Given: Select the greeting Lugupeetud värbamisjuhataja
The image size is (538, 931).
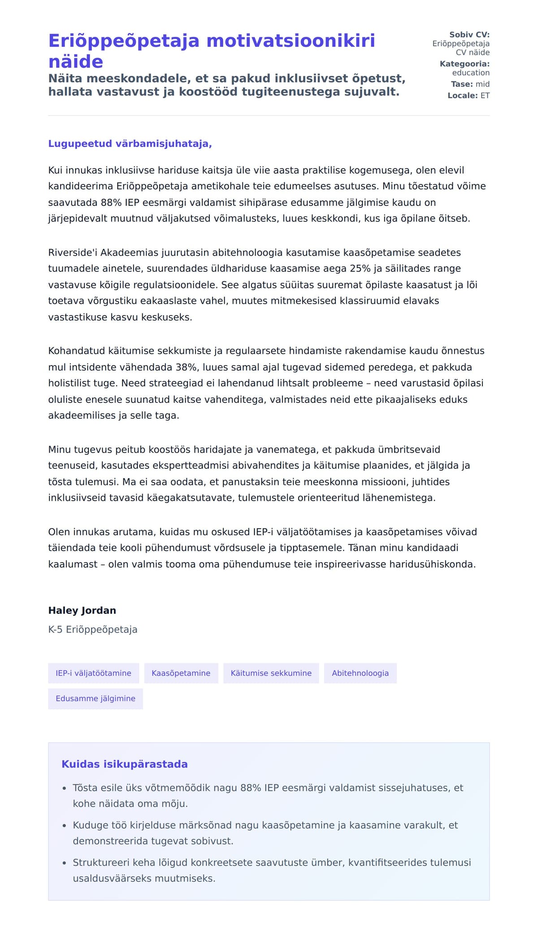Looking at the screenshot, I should click(130, 144).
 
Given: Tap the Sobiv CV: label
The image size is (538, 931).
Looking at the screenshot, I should click(469, 35).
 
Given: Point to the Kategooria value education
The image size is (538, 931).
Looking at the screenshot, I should click(471, 73).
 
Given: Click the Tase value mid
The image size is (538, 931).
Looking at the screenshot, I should click(482, 84).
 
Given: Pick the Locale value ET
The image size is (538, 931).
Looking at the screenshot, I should click(485, 96).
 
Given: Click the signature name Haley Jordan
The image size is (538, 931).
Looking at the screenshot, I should click(82, 610).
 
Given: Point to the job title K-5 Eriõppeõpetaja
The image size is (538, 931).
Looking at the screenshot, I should click(93, 629).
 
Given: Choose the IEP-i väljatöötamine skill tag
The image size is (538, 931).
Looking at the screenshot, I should click(93, 673).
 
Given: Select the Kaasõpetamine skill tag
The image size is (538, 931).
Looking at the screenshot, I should click(181, 673).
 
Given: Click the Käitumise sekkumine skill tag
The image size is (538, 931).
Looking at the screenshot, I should click(271, 673).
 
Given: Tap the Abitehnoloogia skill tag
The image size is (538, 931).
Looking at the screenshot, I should click(360, 673).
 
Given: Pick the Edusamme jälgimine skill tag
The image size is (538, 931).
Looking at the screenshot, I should click(95, 699).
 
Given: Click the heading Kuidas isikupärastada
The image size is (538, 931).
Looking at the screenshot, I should click(125, 764).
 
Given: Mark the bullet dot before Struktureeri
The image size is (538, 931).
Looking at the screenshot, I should click(64, 863).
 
